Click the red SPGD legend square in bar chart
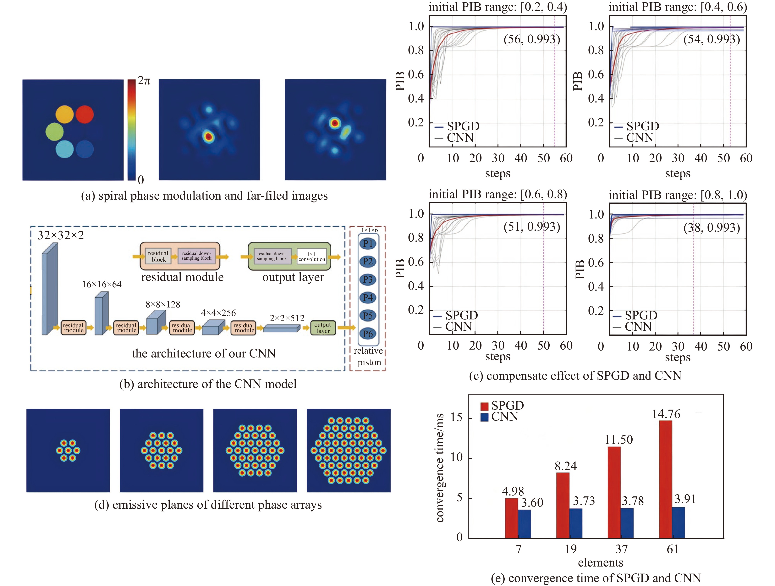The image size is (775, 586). [485, 406]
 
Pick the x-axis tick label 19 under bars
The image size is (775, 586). [570, 549]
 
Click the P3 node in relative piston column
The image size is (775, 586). [368, 279]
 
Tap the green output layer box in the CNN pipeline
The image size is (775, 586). [323, 328]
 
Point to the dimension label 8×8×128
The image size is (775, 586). [163, 304]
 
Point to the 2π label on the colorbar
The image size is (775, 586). [144, 81]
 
